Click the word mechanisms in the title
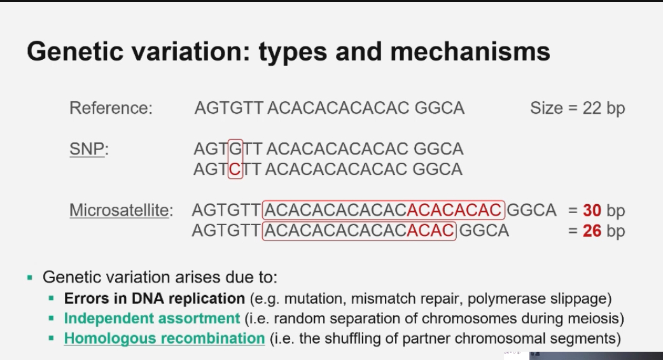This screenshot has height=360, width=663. [x=470, y=52]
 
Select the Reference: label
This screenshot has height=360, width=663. [x=111, y=108]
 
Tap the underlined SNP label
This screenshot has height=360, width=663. [x=87, y=149]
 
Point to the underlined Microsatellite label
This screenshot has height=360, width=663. [x=120, y=210]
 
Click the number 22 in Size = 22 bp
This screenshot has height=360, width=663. [x=592, y=108]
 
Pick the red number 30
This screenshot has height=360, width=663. [x=592, y=210]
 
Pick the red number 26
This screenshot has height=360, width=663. [x=592, y=230]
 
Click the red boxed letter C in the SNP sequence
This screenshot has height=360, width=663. [x=235, y=169]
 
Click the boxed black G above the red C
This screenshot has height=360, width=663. [x=235, y=149]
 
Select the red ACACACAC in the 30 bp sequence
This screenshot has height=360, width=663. [x=454, y=210]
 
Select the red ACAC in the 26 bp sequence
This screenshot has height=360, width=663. [x=430, y=230]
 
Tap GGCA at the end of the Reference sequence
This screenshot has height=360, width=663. [x=440, y=108]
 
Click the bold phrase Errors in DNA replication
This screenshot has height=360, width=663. [x=154, y=298]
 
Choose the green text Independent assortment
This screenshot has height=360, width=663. [x=151, y=318]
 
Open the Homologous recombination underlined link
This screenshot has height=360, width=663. [x=164, y=338]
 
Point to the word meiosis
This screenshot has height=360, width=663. [x=595, y=318]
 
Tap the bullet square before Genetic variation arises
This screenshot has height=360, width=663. [x=30, y=278]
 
